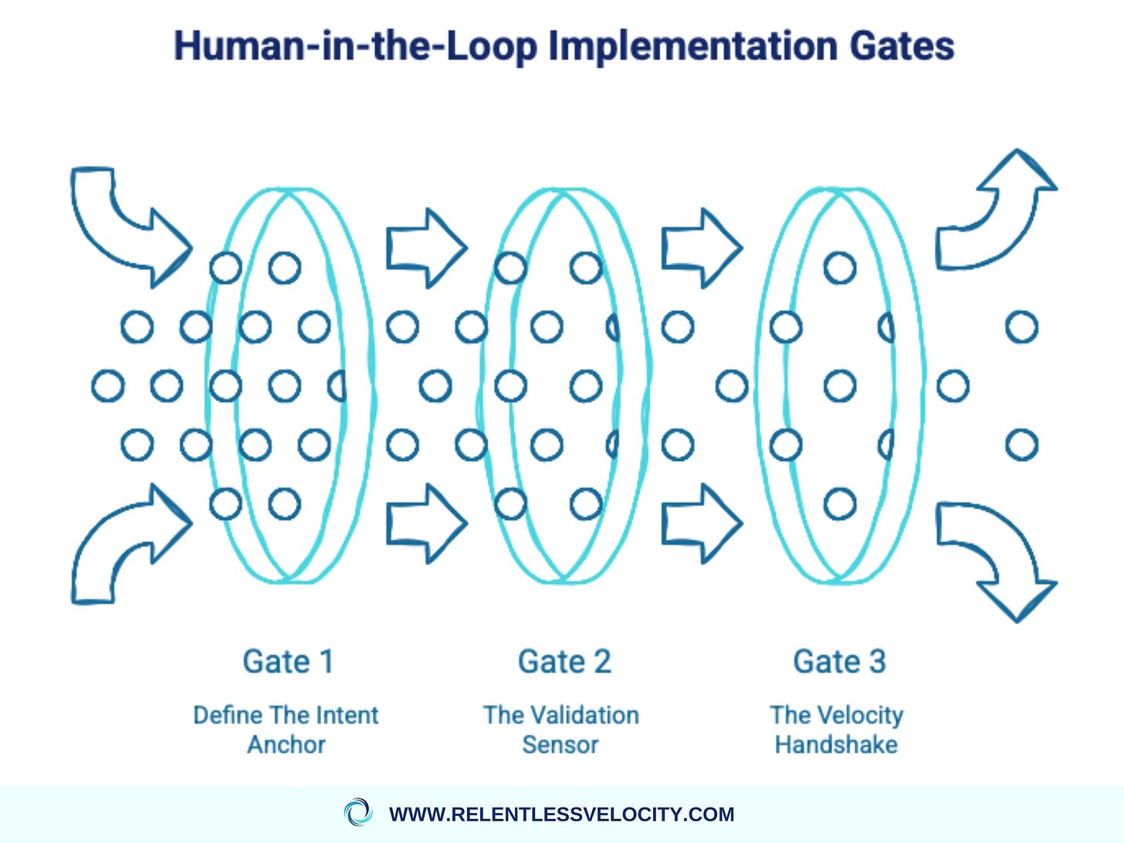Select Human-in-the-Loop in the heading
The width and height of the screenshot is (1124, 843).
pyautogui.click(x=355, y=46)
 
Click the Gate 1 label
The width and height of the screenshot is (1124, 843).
pyautogui.click(x=288, y=662)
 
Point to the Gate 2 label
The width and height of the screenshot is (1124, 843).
pyautogui.click(x=564, y=662)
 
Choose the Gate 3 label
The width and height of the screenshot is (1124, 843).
pyautogui.click(x=839, y=662)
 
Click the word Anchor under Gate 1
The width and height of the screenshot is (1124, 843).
pyautogui.click(x=286, y=745)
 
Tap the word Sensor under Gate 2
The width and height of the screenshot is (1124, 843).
pyautogui.click(x=560, y=745)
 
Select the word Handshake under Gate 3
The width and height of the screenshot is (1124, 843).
pyautogui.click(x=836, y=745)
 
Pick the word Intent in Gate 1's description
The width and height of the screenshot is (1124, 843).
pyautogui.click(x=345, y=715)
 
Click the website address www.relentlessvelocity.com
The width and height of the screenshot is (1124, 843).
pyautogui.click(x=562, y=814)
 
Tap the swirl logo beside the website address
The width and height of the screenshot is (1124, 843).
pyautogui.click(x=357, y=813)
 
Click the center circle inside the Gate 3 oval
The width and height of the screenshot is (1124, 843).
pyautogui.click(x=840, y=385)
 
